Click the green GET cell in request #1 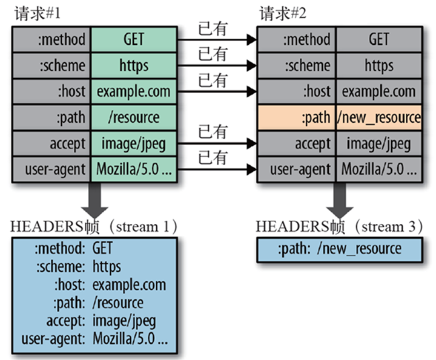pyautogui.click(x=134, y=39)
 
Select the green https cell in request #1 pyautogui.click(x=134, y=65)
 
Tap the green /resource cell pyautogui.click(x=134, y=117)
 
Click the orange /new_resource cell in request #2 pyautogui.click(x=379, y=117)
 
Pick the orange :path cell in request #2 pyautogui.click(x=296, y=117)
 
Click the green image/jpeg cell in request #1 pyautogui.click(x=134, y=143)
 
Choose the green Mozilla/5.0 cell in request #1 pyautogui.click(x=134, y=169)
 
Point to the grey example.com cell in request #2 pyautogui.click(x=379, y=91)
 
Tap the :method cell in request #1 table pyautogui.click(x=51, y=39)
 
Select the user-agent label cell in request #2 pyautogui.click(x=296, y=169)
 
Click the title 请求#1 pyautogui.click(x=38, y=13)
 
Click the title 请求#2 pyautogui.click(x=283, y=13)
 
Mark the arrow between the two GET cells pyautogui.click(x=217, y=40)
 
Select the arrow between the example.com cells pyautogui.click(x=217, y=91)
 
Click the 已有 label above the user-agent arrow pyautogui.click(x=213, y=157)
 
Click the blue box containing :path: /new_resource pyautogui.click(x=340, y=249)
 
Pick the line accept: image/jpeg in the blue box pyautogui.click(x=101, y=321)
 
